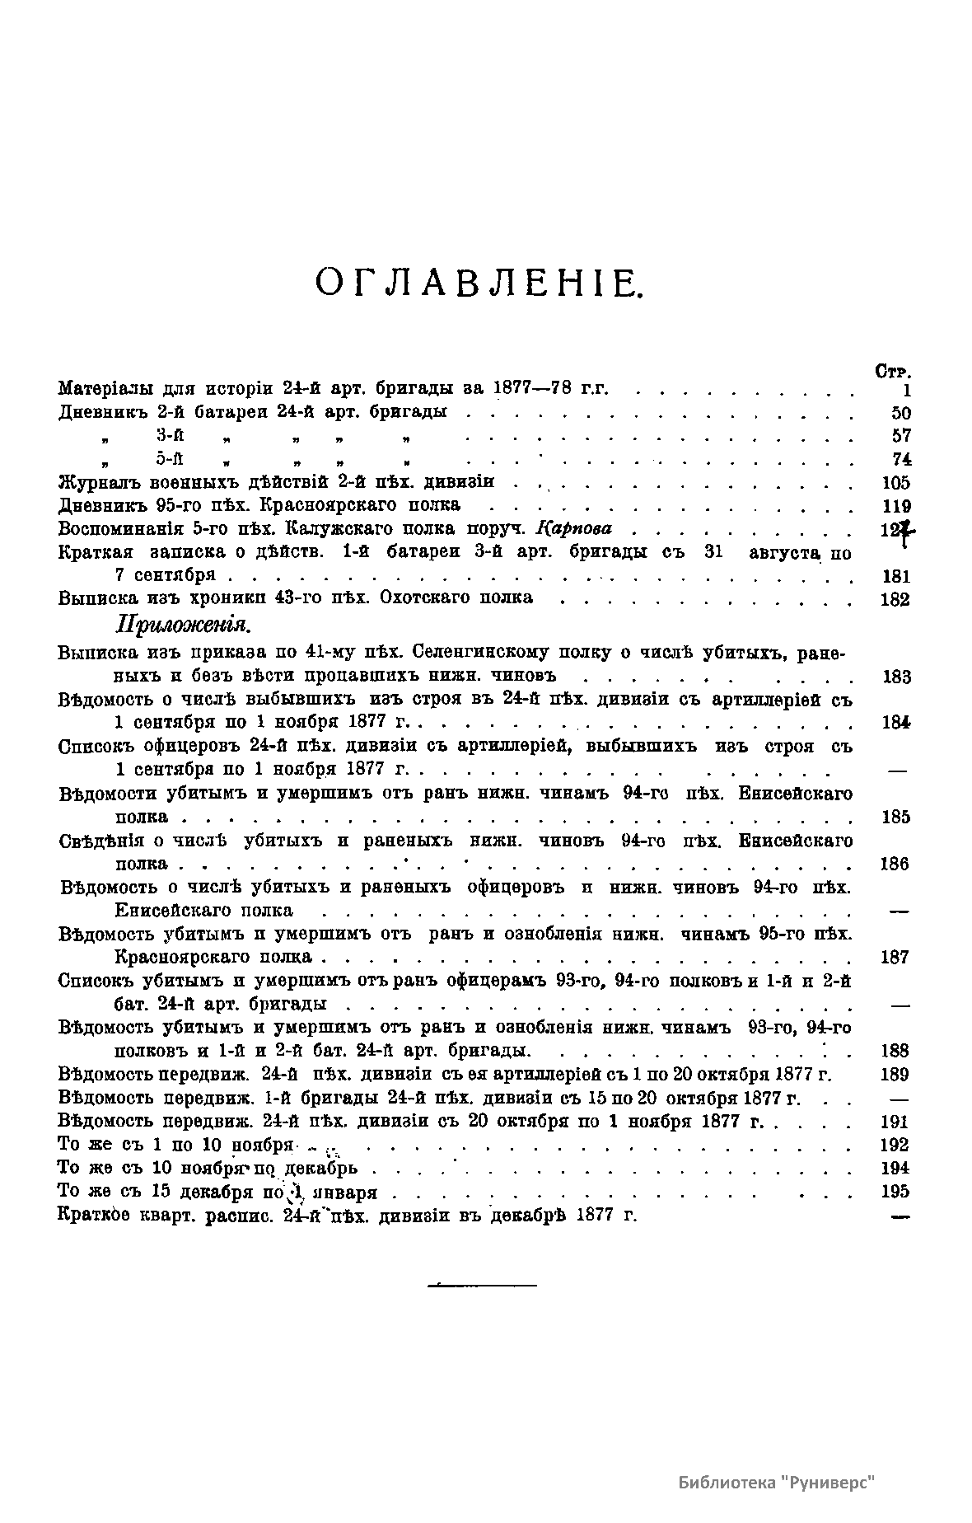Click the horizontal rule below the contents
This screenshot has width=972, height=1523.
tap(483, 1284)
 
